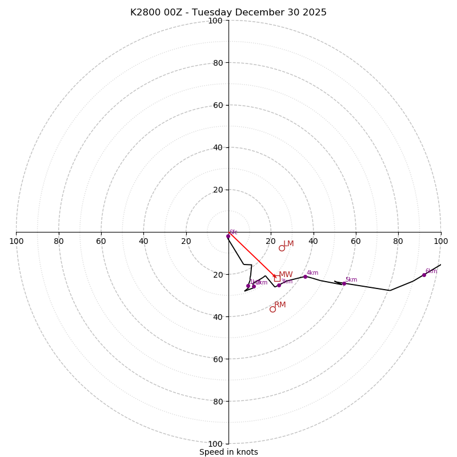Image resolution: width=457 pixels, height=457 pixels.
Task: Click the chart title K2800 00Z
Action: pyautogui.click(x=228, y=13)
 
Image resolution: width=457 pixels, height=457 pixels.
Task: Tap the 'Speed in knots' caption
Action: pyautogui.click(x=228, y=452)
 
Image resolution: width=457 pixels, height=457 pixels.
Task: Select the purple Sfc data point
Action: pyautogui.click(x=228, y=236)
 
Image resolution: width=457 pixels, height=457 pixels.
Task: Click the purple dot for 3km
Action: pyautogui.click(x=279, y=285)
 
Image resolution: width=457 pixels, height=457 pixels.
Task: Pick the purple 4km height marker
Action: pyautogui.click(x=305, y=276)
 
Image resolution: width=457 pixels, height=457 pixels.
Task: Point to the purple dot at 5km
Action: pyautogui.click(x=344, y=283)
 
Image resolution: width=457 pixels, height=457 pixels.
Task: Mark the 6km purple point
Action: pyautogui.click(x=424, y=275)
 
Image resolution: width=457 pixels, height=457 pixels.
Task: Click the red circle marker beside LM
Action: pyautogui.click(x=282, y=248)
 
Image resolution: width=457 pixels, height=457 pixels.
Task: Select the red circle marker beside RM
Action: pyautogui.click(x=272, y=309)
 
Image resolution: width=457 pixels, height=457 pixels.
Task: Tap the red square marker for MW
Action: pyautogui.click(x=277, y=278)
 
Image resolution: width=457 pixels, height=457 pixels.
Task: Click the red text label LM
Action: pyautogui.click(x=288, y=244)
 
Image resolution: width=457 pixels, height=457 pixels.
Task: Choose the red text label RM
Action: pyautogui.click(x=280, y=305)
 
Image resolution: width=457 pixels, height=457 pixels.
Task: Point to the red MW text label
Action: pyautogui.click(x=286, y=275)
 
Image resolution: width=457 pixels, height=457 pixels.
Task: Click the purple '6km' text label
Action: pyautogui.click(x=431, y=271)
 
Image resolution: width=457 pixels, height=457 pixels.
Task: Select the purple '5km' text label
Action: pyautogui.click(x=351, y=280)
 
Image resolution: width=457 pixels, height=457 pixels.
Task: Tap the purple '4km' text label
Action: pyautogui.click(x=312, y=273)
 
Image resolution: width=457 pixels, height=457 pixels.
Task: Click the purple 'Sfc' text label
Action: pyautogui.click(x=234, y=232)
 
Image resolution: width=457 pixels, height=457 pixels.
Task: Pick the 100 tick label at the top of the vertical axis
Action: pyautogui.click(x=215, y=21)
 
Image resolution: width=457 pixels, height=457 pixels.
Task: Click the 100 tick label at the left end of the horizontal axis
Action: pyautogui.click(x=17, y=241)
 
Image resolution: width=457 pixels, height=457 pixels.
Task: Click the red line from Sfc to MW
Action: pyautogui.click(x=251, y=255)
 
